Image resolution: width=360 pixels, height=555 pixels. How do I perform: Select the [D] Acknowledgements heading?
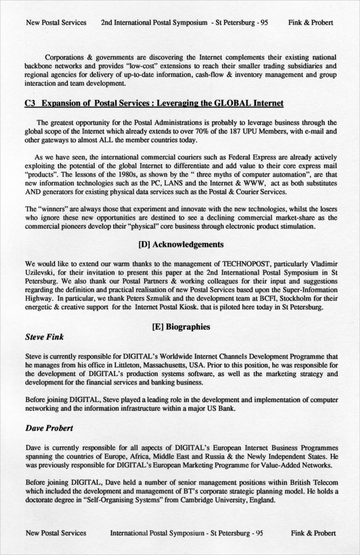(180, 245)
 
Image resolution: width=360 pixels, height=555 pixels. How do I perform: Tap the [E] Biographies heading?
(181, 327)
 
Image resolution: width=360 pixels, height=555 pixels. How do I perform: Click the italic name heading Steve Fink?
(44, 337)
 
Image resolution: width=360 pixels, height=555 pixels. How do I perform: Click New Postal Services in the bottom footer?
(56, 533)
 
